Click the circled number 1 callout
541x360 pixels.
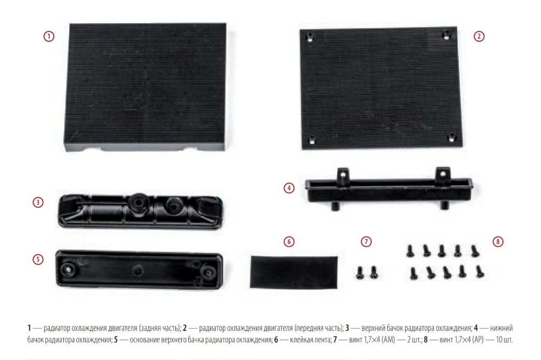[49, 36]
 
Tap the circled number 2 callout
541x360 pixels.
[479, 36]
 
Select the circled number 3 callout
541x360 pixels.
[38, 202]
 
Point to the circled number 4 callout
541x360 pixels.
[289, 188]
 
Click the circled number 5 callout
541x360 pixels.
[38, 259]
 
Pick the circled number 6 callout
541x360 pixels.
[289, 241]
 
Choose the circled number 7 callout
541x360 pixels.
[366, 241]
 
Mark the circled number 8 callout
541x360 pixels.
[498, 241]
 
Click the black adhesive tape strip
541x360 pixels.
[294, 272]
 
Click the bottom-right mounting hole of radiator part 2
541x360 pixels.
[452, 138]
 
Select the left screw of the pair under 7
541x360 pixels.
[360, 272]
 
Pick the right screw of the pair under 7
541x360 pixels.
[373, 272]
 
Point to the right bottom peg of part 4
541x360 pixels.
[444, 205]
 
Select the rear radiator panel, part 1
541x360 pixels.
[145, 87]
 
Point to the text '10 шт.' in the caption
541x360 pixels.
[504, 340]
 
